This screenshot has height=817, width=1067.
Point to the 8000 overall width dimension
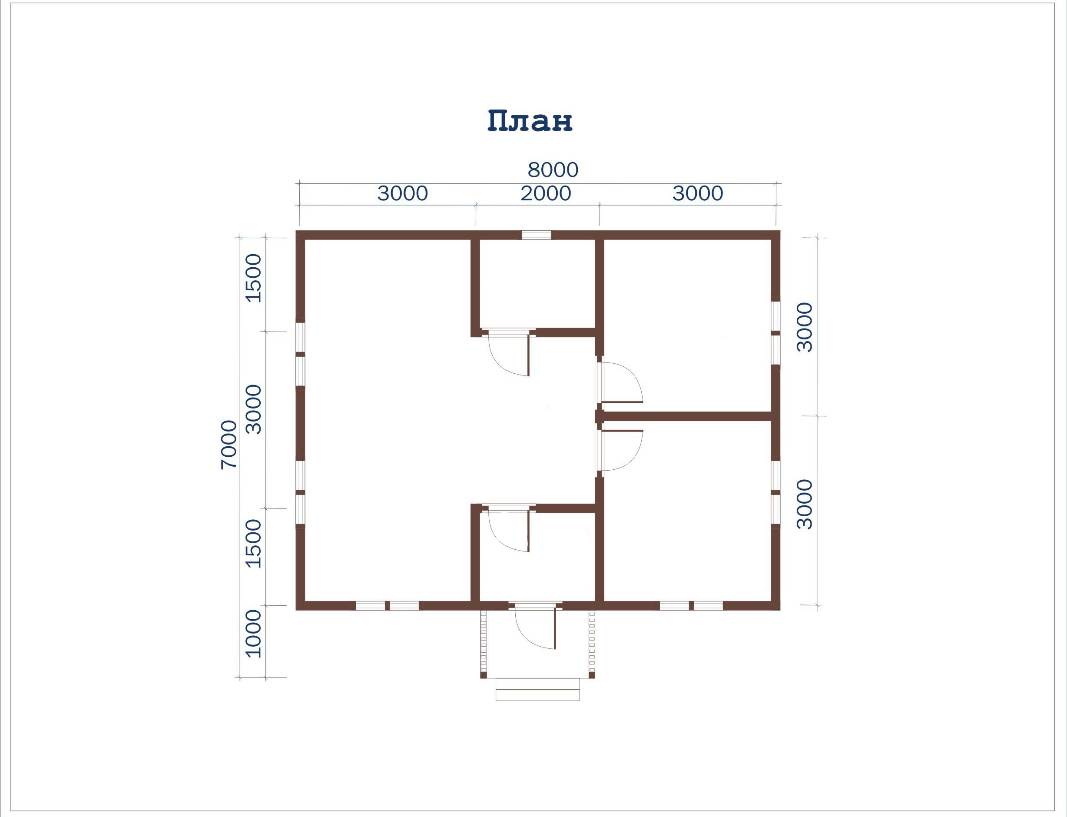click(553, 170)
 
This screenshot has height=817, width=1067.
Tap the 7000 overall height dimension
click(229, 445)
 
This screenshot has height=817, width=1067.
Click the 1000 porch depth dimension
click(253, 634)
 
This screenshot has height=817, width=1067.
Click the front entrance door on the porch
click(535, 628)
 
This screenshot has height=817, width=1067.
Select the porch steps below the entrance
click(538, 690)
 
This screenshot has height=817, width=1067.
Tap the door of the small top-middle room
click(508, 354)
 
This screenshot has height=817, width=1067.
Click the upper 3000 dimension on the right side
click(805, 327)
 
